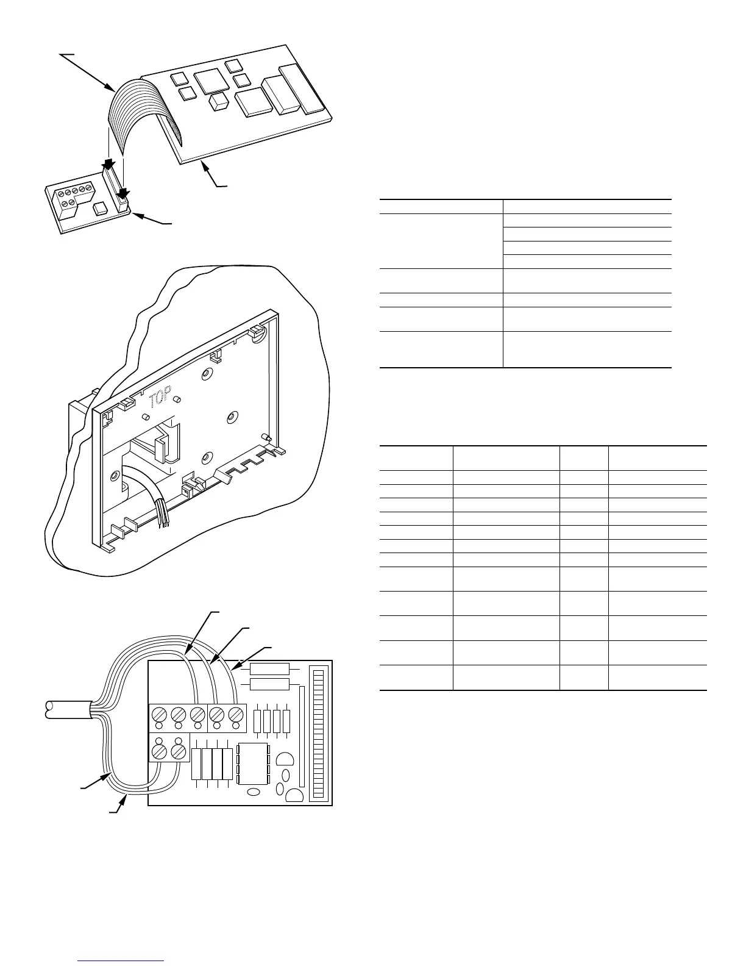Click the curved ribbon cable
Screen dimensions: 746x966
pyautogui.click(x=131, y=116)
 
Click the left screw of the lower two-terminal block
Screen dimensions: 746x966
pyautogui.click(x=160, y=750)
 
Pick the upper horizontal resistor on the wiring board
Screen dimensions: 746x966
pyautogui.click(x=269, y=669)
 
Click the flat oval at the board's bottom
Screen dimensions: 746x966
pyautogui.click(x=254, y=793)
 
